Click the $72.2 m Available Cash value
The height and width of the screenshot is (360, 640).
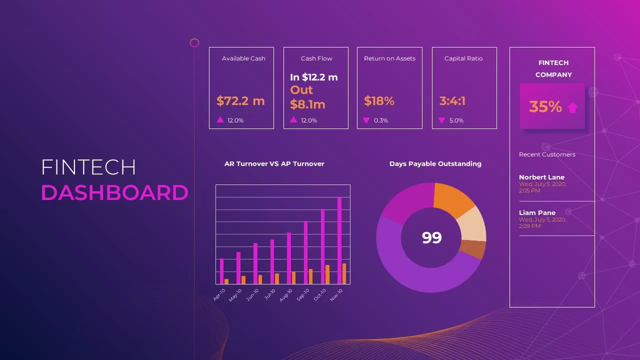240,101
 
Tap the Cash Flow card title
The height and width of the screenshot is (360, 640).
316,58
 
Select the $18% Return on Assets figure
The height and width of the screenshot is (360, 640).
379,101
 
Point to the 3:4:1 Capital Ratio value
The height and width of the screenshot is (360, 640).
452,101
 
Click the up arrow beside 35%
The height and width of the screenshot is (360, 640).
572,107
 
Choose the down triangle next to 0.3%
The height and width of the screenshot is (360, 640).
366,120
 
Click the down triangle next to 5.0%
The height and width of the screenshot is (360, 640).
441,120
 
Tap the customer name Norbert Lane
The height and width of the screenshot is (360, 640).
541,177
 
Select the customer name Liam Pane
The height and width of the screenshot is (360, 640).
537,213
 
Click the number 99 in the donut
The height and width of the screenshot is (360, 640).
432,237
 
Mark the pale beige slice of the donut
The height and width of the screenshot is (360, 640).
472,224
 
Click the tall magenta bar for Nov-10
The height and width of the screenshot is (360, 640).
339,240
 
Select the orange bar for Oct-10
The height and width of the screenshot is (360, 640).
327,274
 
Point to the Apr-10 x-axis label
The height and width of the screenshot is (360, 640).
219,294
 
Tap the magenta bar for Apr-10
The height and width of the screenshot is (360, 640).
222,271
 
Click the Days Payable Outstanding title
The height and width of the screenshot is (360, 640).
435,164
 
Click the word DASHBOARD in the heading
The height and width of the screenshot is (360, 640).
114,193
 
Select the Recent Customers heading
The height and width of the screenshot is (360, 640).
547,154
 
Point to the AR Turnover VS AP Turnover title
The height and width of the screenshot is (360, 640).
274,164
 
